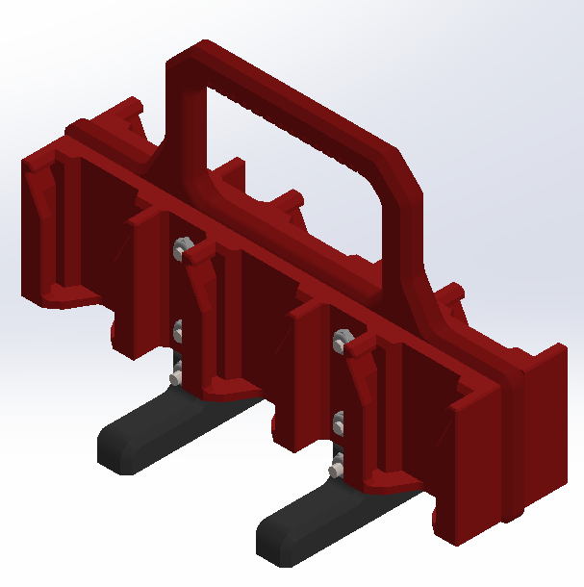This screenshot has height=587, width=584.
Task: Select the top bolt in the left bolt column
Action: pyautogui.click(x=180, y=248)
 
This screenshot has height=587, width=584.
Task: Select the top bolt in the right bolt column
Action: pyautogui.click(x=340, y=337)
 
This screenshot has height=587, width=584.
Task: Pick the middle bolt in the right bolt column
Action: pyautogui.click(x=340, y=421)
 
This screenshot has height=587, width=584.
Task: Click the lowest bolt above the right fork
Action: pyautogui.click(x=337, y=469)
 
